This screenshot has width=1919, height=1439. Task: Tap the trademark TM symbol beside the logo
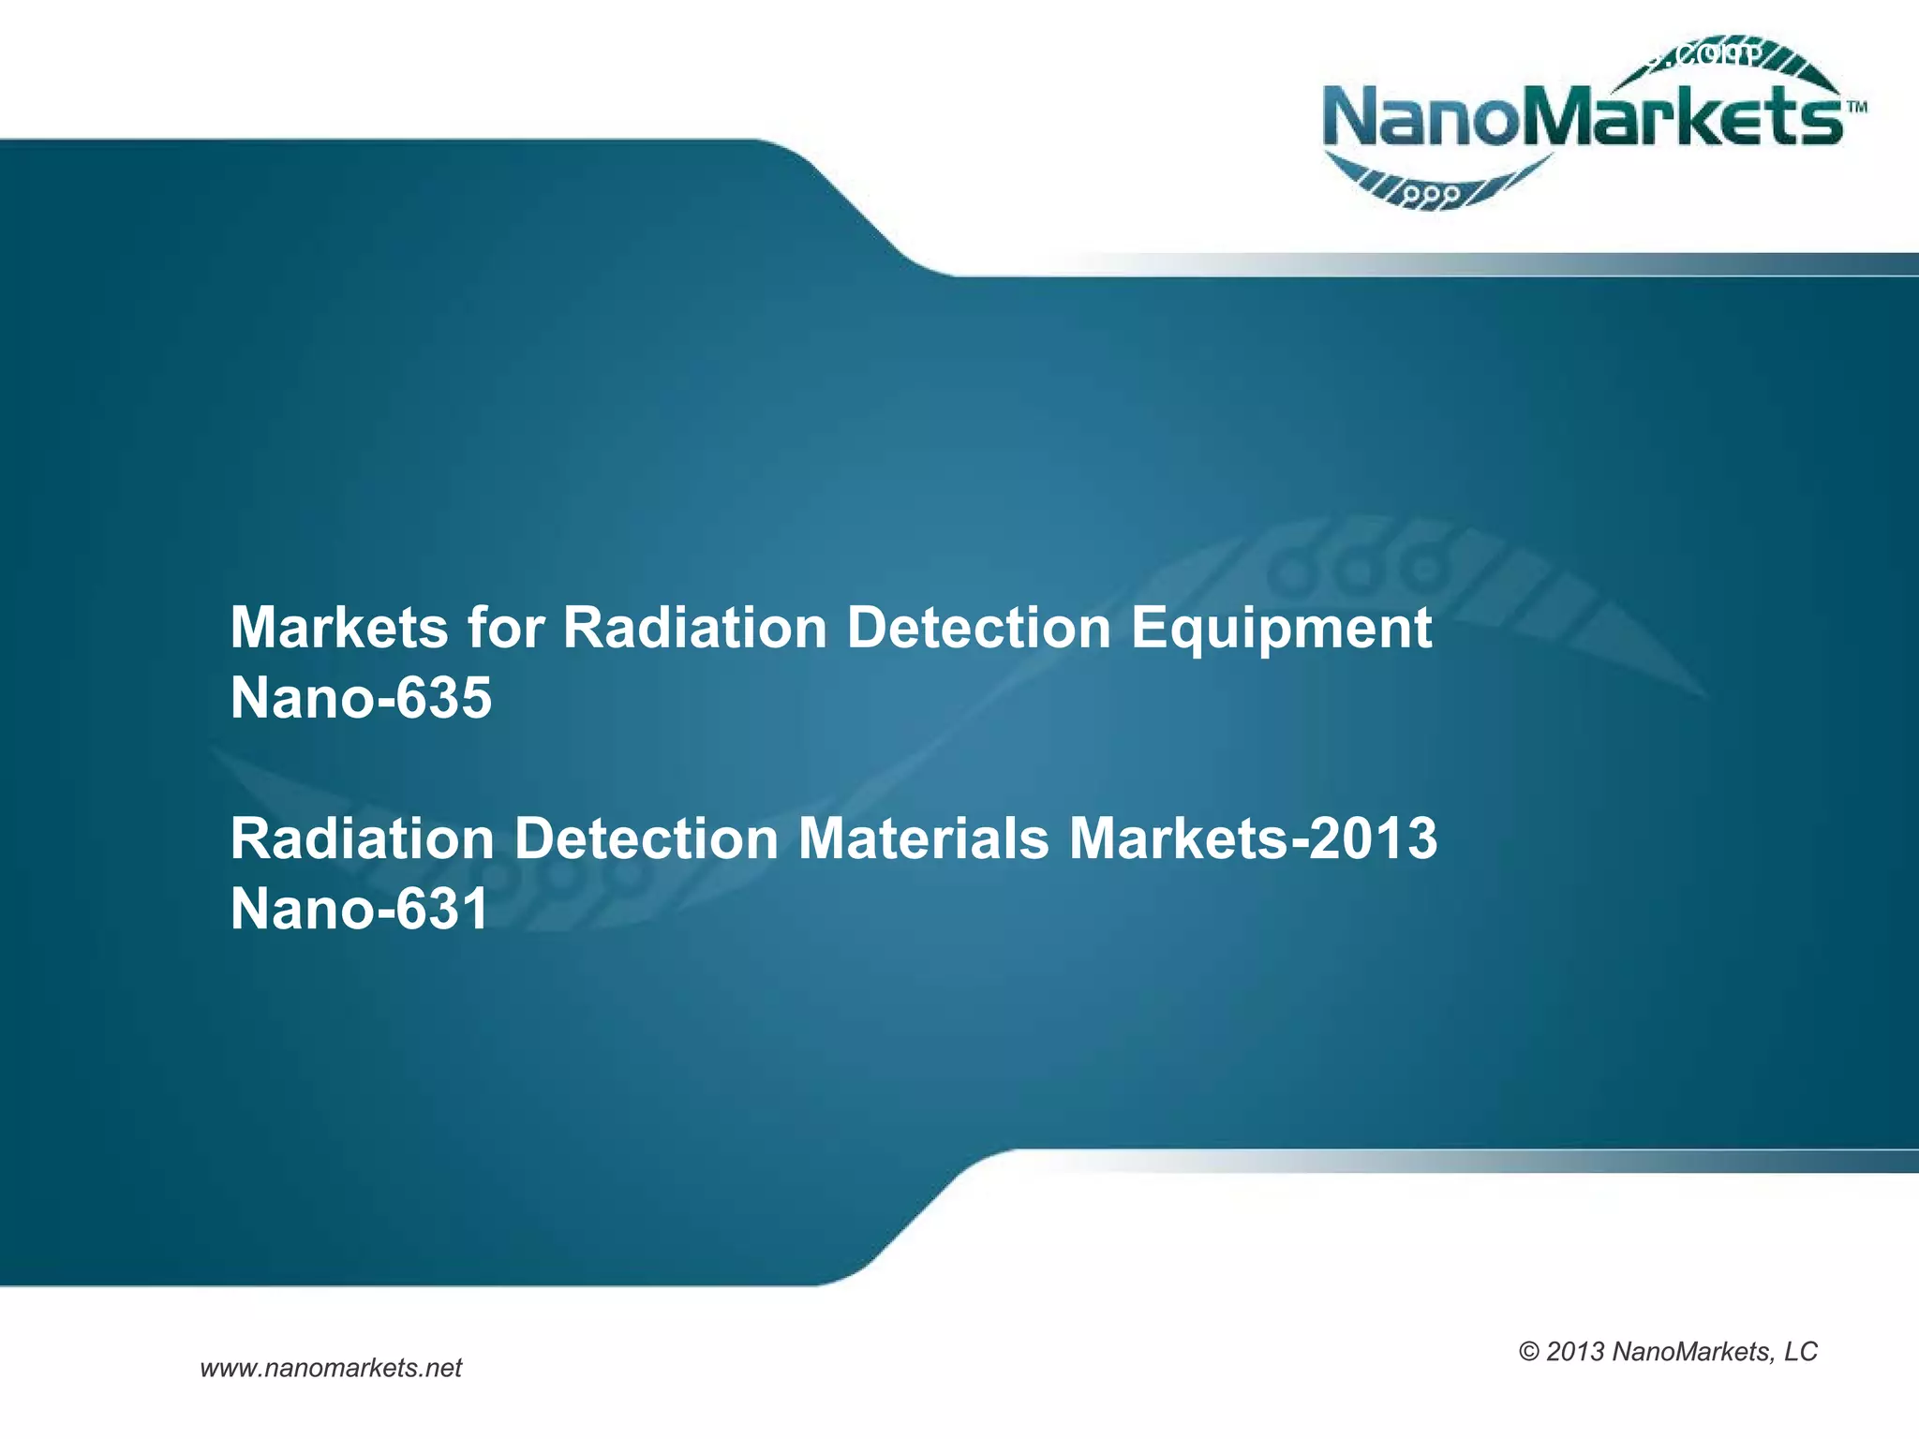(x=1856, y=107)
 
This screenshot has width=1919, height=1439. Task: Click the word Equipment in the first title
(x=1281, y=629)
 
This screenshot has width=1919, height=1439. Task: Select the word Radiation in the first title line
(x=694, y=627)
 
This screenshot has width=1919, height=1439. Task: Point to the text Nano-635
(x=361, y=698)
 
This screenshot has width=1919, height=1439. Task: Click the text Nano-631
(x=360, y=909)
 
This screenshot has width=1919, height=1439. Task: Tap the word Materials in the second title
(x=923, y=838)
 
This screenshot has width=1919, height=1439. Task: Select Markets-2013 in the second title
(x=1253, y=838)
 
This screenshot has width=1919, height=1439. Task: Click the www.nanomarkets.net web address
(x=331, y=1368)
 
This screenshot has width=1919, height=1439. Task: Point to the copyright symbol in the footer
(x=1529, y=1352)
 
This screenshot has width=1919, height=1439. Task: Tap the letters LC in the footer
(x=1800, y=1352)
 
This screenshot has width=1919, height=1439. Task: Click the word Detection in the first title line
(x=979, y=627)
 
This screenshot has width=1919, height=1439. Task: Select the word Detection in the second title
(x=646, y=838)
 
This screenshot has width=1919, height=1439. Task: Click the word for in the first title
(x=505, y=627)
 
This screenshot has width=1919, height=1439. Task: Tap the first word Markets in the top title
(x=339, y=627)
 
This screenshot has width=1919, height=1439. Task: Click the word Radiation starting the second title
(x=362, y=838)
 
